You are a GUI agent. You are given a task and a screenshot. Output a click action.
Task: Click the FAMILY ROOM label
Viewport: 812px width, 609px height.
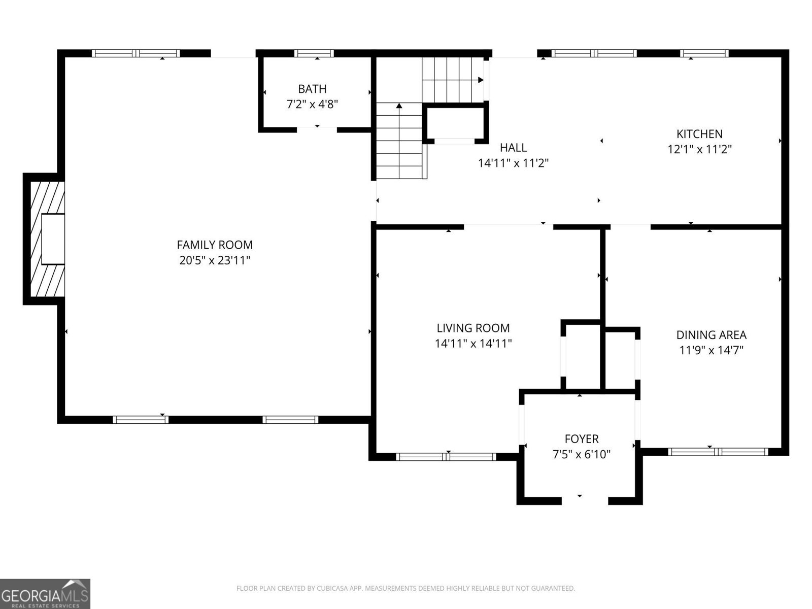tap(215, 245)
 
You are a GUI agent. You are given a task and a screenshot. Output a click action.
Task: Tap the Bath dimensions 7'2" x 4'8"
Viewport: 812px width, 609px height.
tap(312, 105)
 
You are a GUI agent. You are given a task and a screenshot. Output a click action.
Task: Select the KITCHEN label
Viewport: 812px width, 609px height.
tap(699, 134)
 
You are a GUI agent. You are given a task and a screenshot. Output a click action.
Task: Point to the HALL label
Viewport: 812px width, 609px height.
tap(513, 148)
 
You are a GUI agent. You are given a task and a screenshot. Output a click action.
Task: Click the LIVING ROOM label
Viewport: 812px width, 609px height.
tap(473, 328)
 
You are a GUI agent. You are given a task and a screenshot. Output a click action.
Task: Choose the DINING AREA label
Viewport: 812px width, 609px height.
tap(711, 335)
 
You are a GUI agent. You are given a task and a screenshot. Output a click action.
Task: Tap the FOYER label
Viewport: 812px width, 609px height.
tap(582, 438)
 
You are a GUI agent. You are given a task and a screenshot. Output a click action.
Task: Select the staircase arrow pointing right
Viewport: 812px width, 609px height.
tap(480, 80)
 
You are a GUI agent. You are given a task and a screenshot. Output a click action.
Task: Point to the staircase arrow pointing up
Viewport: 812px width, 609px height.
tap(399, 106)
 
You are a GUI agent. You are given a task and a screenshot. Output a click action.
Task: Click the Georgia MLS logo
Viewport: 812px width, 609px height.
tap(45, 593)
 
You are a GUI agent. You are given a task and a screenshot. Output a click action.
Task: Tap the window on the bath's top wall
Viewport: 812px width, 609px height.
tap(314, 53)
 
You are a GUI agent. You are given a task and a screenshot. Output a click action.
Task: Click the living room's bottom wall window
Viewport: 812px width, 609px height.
tap(446, 457)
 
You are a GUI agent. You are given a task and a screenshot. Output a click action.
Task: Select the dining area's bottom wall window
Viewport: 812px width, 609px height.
tap(718, 452)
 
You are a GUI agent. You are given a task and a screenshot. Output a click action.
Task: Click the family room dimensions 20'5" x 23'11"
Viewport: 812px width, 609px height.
tap(215, 261)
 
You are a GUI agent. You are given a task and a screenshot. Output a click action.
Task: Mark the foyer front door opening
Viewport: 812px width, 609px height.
tap(585, 500)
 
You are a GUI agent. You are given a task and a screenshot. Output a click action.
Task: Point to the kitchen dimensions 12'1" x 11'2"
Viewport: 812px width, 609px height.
tap(699, 150)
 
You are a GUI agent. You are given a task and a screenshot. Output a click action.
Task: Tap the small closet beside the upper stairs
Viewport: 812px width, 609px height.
tap(456, 122)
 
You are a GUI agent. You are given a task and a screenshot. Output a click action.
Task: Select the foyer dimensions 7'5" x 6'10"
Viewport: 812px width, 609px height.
tap(582, 454)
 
